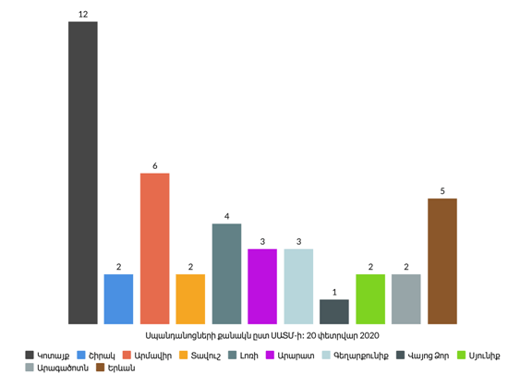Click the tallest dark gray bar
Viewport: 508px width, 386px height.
click(82, 173)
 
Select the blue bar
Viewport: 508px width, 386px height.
click(118, 299)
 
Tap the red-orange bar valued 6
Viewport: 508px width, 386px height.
click(154, 248)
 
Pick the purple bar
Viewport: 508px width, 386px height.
click(262, 286)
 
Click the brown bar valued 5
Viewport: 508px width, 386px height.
click(442, 261)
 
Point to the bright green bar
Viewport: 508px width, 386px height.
click(370, 299)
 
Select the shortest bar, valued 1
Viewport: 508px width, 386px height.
click(334, 312)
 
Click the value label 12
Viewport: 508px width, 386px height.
click(83, 14)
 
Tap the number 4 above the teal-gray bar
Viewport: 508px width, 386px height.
click(227, 216)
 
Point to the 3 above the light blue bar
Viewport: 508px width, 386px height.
click(298, 242)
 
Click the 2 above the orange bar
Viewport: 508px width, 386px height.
click(190, 267)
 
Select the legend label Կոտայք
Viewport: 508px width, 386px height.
click(54, 356)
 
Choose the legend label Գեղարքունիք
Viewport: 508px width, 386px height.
click(361, 356)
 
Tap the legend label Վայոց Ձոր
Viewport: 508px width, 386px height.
click(429, 356)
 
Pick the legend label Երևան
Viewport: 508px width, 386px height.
click(121, 368)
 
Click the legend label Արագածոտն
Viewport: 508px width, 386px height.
click(63, 368)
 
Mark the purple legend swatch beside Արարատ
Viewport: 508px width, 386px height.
click(270, 356)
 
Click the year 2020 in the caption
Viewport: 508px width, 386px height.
click(369, 336)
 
